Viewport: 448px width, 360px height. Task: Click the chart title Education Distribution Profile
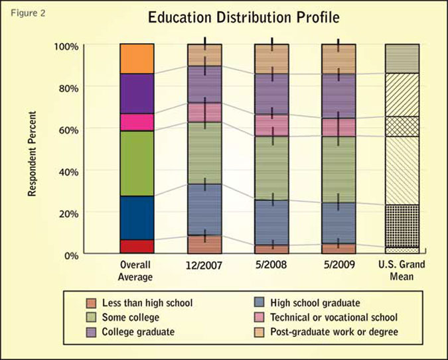(x=236, y=17)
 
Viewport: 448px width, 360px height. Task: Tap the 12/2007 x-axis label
(x=205, y=267)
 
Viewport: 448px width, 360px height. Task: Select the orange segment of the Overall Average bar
(x=137, y=58)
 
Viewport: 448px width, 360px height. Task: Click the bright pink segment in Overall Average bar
(x=137, y=122)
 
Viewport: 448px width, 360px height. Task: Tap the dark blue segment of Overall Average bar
(x=137, y=217)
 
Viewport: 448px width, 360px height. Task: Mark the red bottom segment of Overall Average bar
(x=137, y=246)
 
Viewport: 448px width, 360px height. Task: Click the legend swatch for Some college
(x=92, y=318)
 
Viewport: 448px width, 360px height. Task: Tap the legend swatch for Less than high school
(x=92, y=303)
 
